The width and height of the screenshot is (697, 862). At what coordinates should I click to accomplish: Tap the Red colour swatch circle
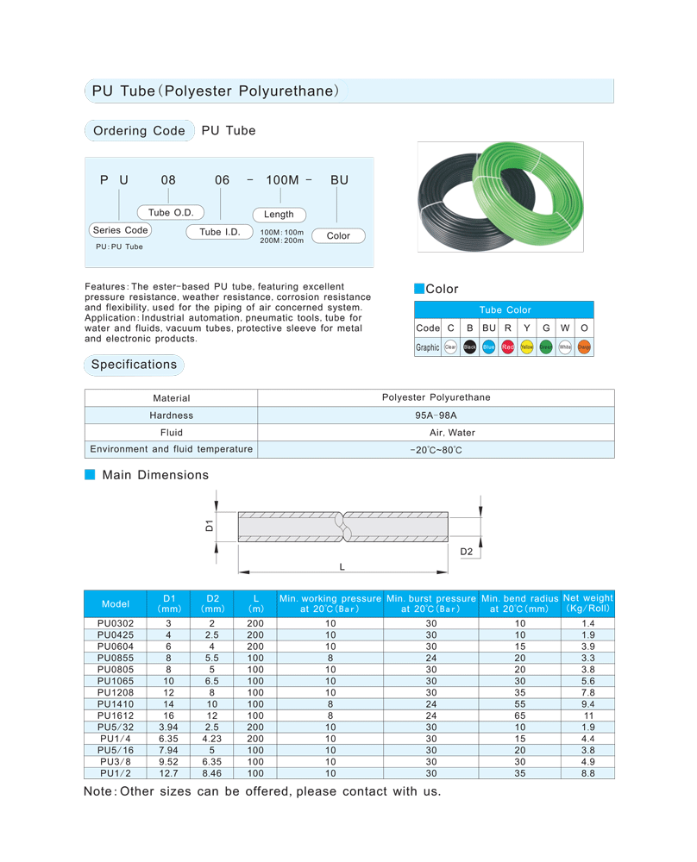[507, 347]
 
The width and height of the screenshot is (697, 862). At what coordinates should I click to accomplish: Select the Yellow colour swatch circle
[526, 347]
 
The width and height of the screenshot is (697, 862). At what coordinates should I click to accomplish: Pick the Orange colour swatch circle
[584, 347]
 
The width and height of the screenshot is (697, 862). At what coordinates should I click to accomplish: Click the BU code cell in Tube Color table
[489, 328]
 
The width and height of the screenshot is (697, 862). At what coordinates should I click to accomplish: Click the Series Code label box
[120, 230]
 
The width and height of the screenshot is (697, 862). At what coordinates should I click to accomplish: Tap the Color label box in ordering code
[338, 235]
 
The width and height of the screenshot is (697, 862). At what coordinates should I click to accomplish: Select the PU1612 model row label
[115, 715]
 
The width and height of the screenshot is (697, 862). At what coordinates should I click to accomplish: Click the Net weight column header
[587, 603]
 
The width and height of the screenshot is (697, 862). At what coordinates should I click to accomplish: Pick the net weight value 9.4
[587, 703]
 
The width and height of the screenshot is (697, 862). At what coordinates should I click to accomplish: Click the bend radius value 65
[519, 715]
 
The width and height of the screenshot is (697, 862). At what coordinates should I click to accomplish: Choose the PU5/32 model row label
[115, 728]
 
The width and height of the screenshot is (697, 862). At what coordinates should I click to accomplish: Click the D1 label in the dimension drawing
[210, 525]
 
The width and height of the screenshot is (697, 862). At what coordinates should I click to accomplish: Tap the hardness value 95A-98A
[436, 415]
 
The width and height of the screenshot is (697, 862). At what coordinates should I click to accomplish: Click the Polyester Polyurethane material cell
[436, 397]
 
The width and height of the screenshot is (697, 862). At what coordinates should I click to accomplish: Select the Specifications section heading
[134, 365]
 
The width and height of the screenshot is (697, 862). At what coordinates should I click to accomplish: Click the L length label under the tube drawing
[342, 566]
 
